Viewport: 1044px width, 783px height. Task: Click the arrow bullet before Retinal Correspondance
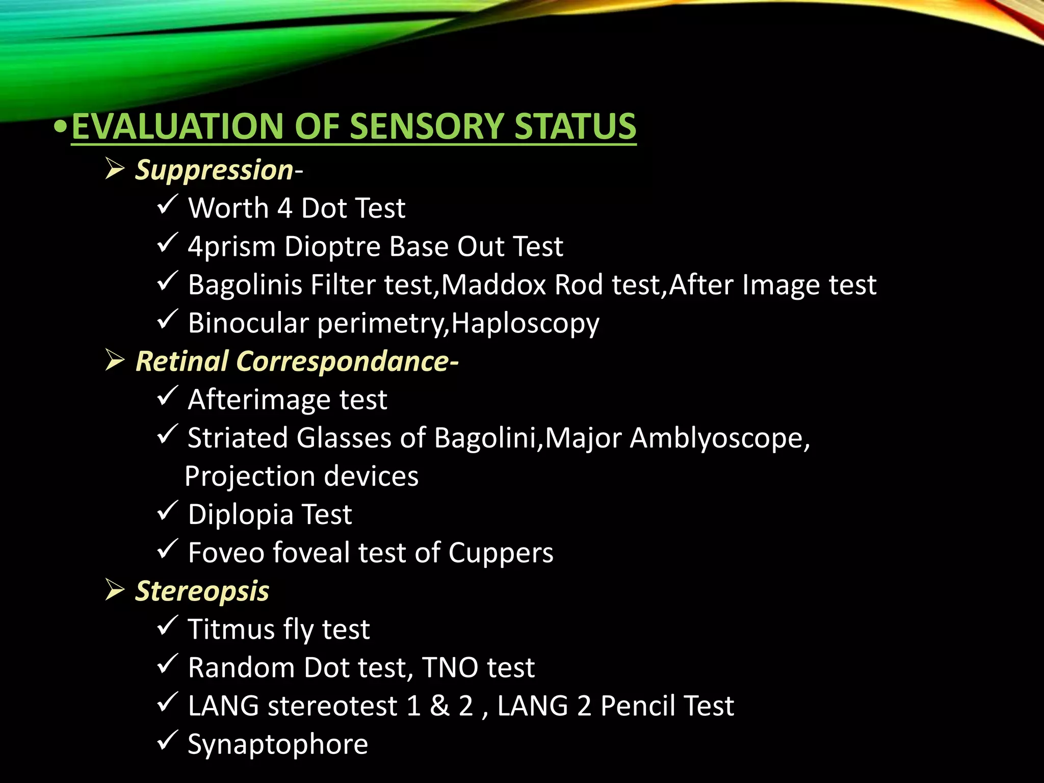[115, 360]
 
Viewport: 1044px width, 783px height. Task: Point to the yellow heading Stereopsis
[202, 591]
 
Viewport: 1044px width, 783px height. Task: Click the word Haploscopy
[525, 324]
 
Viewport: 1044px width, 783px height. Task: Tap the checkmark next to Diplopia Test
[167, 511]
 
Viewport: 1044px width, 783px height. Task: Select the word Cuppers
[501, 553]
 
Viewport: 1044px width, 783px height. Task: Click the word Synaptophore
[278, 745]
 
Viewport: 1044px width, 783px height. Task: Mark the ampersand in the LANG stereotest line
[440, 706]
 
